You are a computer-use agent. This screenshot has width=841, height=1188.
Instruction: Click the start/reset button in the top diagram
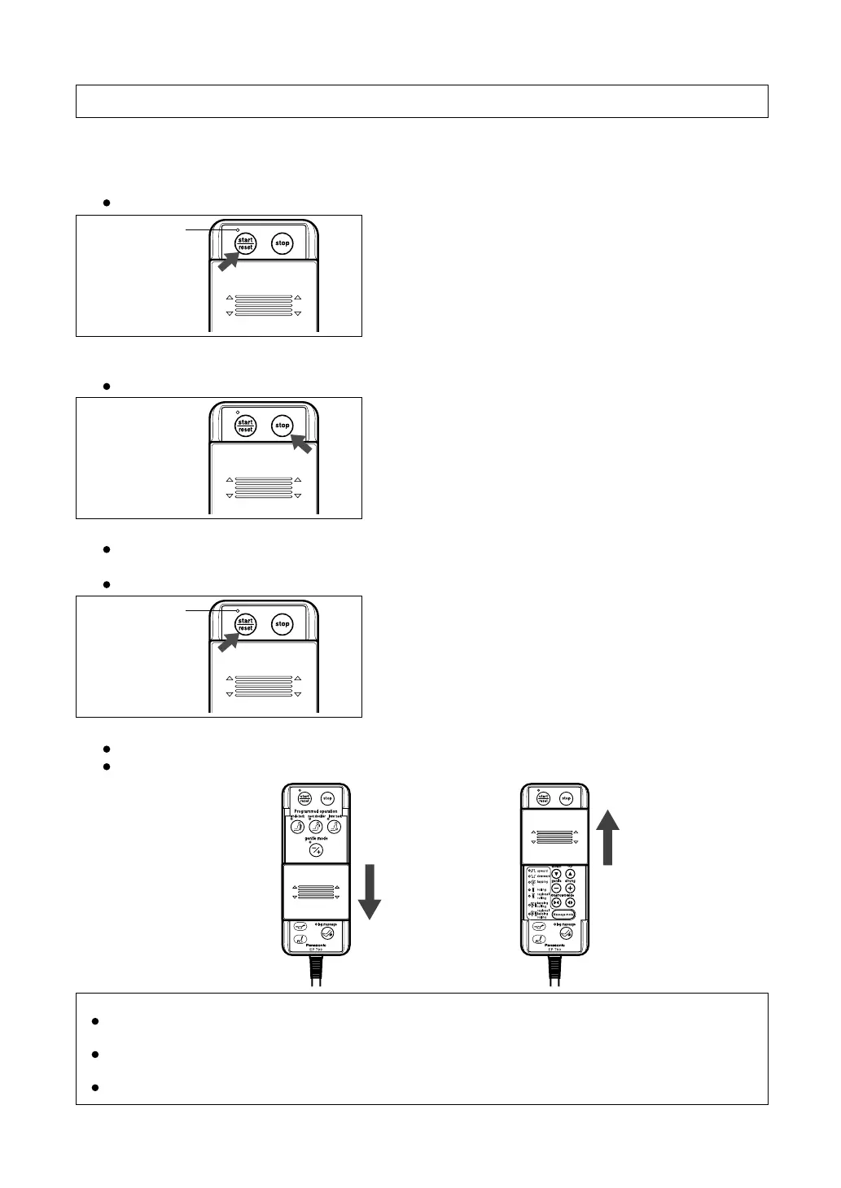(x=245, y=243)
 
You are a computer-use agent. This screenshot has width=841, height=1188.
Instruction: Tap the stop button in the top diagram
(x=282, y=243)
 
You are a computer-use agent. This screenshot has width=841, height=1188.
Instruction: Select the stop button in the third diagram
(x=282, y=624)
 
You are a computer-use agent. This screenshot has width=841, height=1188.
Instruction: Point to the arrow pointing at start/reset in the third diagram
(x=229, y=640)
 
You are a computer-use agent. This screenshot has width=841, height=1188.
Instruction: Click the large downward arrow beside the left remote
(x=370, y=891)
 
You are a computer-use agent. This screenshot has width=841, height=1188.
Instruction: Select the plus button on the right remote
(x=570, y=889)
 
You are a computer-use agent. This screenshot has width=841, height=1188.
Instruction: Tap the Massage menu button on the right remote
(x=563, y=914)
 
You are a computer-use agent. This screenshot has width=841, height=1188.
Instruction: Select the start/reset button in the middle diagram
(x=245, y=425)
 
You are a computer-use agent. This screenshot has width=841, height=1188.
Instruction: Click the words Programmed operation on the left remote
(x=316, y=811)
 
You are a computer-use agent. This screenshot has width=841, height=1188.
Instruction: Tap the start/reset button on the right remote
(x=543, y=798)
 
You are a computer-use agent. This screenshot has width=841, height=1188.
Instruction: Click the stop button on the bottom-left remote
(x=327, y=798)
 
